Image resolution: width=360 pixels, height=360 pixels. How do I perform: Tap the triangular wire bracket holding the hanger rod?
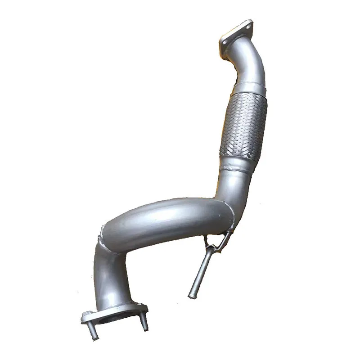pyautogui.click(x=216, y=243)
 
